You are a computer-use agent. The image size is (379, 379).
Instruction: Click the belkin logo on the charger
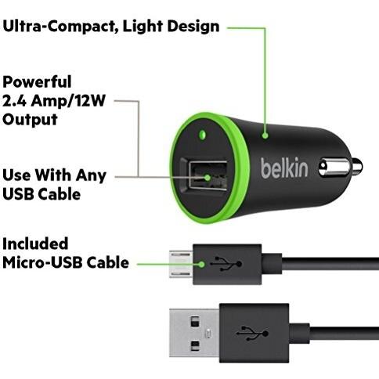click(284, 168)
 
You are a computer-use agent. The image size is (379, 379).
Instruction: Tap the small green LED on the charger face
click(202, 135)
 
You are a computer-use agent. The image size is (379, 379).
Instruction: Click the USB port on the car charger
click(208, 175)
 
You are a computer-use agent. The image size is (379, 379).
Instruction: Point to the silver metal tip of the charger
click(341, 167)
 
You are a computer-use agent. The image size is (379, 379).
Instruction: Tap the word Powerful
click(37, 81)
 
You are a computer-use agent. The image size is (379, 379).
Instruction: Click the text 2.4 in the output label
click(14, 100)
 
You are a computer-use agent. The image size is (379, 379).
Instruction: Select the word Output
click(30, 120)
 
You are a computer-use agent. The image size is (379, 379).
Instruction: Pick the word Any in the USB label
click(91, 175)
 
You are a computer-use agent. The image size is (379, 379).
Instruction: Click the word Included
click(35, 244)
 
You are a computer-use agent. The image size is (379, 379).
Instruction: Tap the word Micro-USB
click(42, 262)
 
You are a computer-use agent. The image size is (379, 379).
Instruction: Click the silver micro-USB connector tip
click(181, 264)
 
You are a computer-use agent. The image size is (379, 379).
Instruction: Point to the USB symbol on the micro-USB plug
click(226, 264)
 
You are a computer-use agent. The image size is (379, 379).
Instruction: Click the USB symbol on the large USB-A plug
click(252, 333)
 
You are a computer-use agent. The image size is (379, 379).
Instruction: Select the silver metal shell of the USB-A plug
click(194, 333)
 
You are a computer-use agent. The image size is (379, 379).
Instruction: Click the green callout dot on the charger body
click(265, 135)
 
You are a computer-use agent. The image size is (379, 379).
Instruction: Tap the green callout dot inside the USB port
click(208, 178)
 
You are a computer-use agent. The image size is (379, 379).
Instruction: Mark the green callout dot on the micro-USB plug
click(201, 265)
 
